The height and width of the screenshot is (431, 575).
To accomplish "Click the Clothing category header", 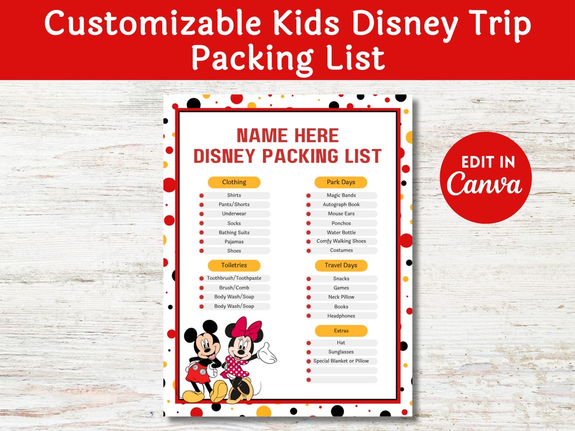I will pyautogui.click(x=234, y=183).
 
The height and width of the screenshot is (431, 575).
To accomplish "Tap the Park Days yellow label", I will pyautogui.click(x=341, y=183).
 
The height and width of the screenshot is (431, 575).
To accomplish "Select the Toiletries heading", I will pyautogui.click(x=234, y=265).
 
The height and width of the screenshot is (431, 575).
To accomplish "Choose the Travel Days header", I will pyautogui.click(x=341, y=266).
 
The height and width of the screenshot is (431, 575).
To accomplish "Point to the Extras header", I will pyautogui.click(x=341, y=331).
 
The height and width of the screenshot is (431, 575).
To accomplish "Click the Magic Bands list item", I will pyautogui.click(x=341, y=195).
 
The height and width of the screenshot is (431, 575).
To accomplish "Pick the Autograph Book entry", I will pyautogui.click(x=341, y=204).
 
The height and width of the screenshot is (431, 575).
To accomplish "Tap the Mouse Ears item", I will pyautogui.click(x=341, y=214).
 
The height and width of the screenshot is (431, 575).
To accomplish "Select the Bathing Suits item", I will pyautogui.click(x=234, y=233).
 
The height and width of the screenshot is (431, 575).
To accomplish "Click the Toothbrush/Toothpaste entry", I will pyautogui.click(x=234, y=278).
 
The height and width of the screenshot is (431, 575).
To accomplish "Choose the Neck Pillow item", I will pyautogui.click(x=341, y=297).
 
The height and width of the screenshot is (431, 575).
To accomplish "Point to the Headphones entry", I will pyautogui.click(x=341, y=316).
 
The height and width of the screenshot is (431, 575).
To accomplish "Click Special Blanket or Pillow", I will pyautogui.click(x=341, y=361).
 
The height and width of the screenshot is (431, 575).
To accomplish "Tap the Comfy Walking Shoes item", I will pyautogui.click(x=341, y=242).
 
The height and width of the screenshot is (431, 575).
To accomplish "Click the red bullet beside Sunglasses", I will pyautogui.click(x=308, y=352).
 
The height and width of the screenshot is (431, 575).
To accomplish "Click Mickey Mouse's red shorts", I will pyautogui.click(x=195, y=374).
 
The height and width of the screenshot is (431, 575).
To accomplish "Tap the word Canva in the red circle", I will pyautogui.click(x=485, y=184).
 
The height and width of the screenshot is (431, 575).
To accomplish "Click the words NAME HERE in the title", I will pyautogui.click(x=287, y=136).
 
